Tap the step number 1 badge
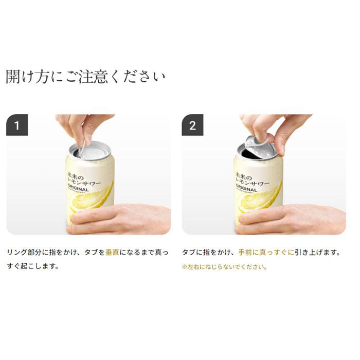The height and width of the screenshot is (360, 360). tap(16, 125)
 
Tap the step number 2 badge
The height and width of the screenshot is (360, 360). tap(192, 125)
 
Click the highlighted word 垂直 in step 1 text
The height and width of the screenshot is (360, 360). tap(112, 253)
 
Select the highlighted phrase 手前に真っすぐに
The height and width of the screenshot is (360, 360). tap(266, 253)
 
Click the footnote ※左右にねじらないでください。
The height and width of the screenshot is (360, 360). tap(224, 267)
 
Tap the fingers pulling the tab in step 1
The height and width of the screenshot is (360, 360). tap(82, 126)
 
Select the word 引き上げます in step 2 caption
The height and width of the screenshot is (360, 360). tap(317, 253)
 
